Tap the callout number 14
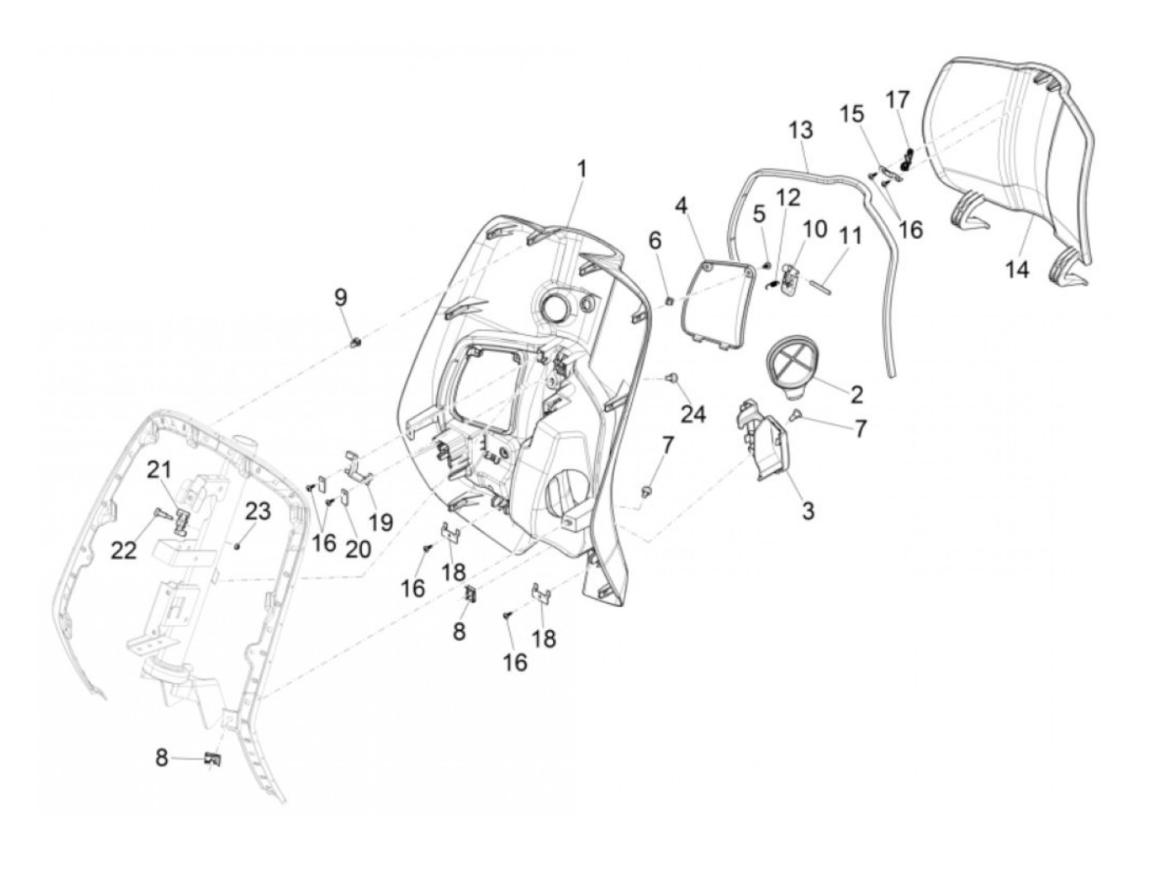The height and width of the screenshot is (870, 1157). (1017, 269)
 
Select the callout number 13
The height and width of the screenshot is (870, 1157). (800, 130)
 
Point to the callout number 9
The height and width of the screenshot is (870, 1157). (341, 298)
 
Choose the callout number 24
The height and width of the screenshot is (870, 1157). (693, 414)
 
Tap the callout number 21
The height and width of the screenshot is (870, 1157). (159, 470)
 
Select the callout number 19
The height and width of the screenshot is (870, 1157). (381, 522)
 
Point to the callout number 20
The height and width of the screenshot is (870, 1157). (359, 548)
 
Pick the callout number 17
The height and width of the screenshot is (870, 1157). (898, 99)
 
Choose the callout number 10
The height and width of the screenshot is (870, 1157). (814, 228)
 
